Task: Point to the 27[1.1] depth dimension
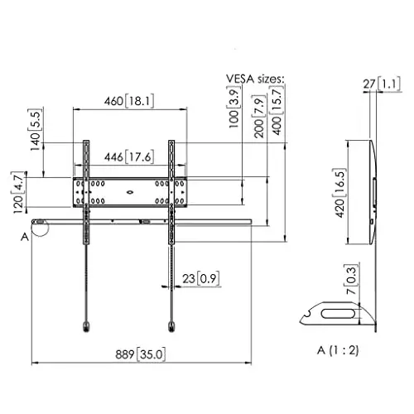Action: [x=387, y=84]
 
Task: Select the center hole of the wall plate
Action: [x=129, y=191]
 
